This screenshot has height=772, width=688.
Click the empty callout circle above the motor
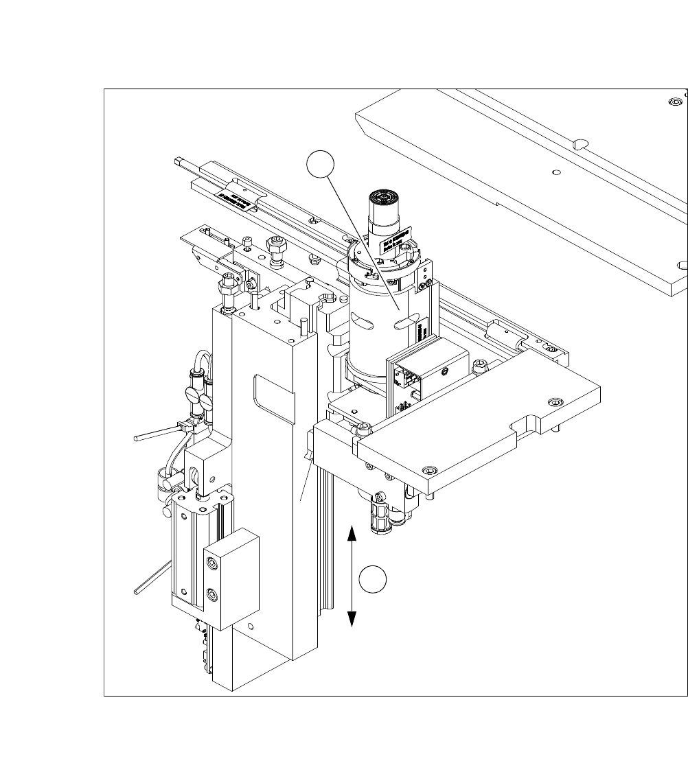pos(320,166)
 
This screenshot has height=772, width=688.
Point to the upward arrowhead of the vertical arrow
pos(352,533)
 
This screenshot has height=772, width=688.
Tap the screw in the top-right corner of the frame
pos(674,102)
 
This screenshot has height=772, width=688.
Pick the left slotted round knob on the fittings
pos(192,395)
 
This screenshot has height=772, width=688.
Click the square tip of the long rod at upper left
pos(179,162)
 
